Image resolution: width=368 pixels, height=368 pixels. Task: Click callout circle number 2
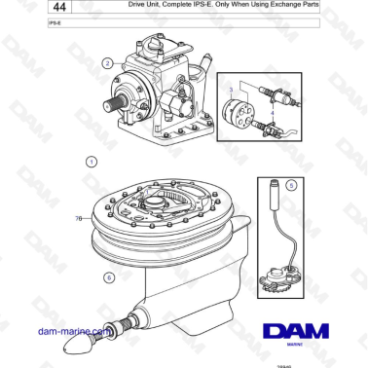107,64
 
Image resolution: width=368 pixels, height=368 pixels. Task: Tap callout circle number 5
290,184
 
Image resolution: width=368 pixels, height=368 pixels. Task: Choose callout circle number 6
109,276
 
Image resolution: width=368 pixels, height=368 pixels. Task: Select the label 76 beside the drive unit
78,219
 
